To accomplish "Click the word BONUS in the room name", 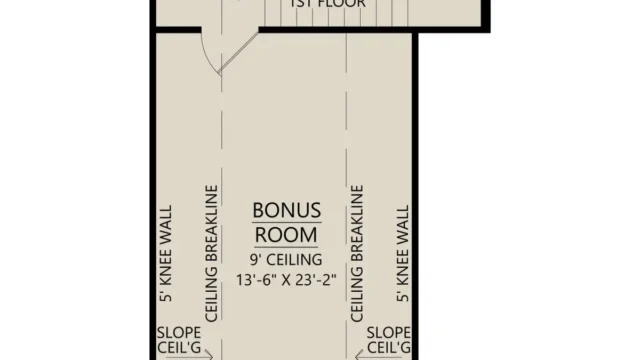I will tap(286, 211).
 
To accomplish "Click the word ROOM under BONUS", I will tap(286, 234).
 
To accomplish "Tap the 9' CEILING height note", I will tap(286, 260).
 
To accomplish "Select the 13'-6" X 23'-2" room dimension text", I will tap(286, 281).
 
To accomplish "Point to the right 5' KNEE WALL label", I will tap(403, 256).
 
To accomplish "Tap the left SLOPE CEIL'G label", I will tap(176, 340).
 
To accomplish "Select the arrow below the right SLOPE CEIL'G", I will tap(362, 356).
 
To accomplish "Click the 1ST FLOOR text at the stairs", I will tap(327, 4).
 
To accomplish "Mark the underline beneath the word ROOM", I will tap(286, 247).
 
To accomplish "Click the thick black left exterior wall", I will tap(150, 200).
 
